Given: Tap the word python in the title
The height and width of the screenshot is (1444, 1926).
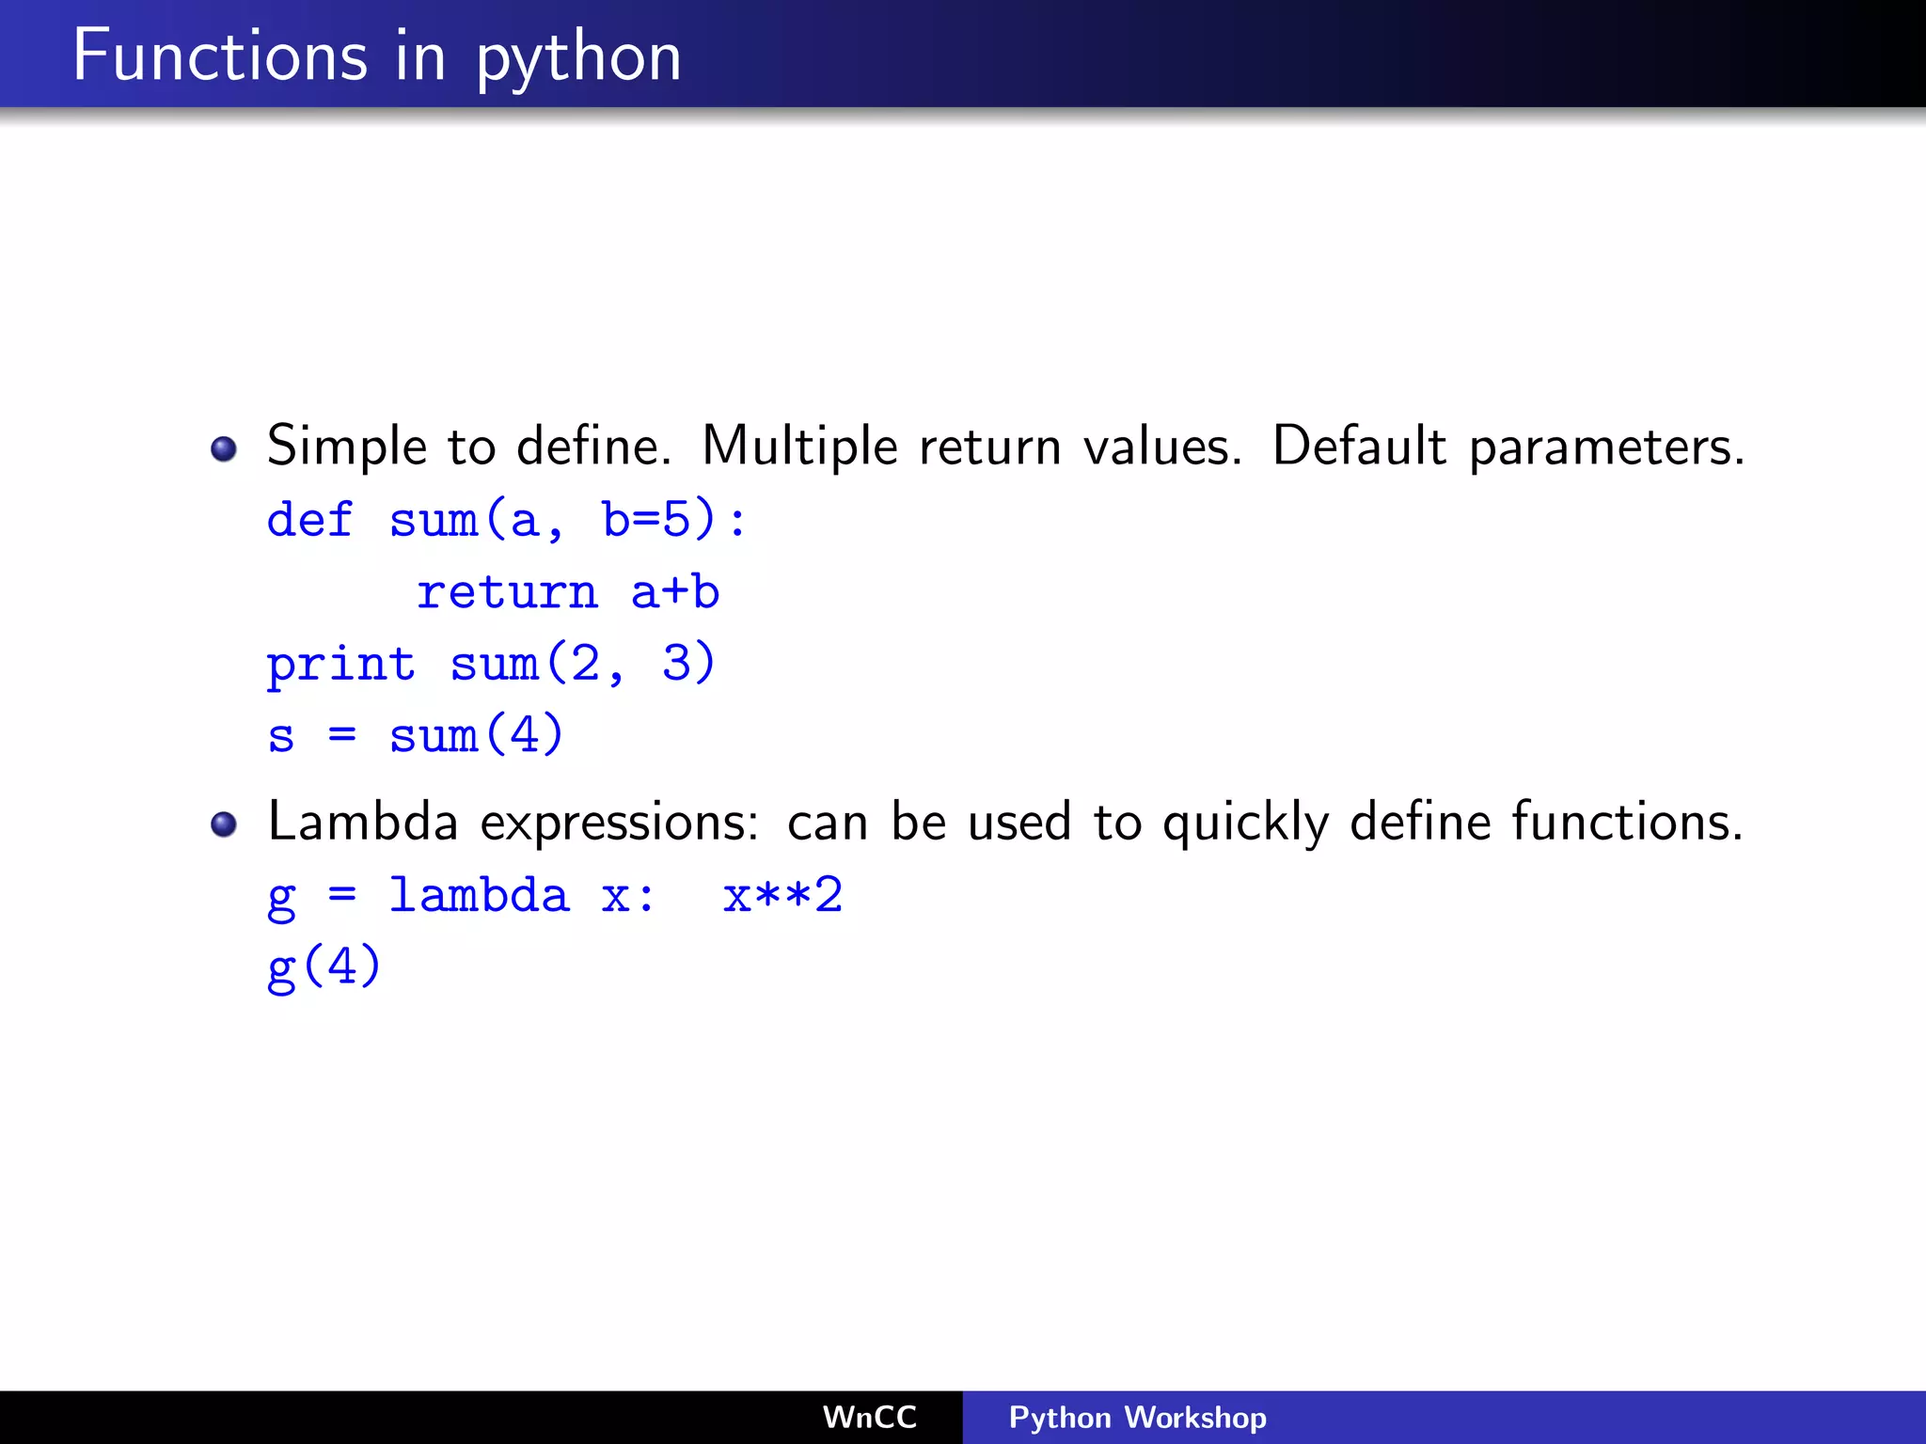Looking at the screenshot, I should click(x=578, y=59).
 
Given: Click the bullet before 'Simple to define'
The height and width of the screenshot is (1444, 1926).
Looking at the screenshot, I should click(x=224, y=448).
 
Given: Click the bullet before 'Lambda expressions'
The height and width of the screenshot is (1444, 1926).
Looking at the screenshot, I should click(x=224, y=824).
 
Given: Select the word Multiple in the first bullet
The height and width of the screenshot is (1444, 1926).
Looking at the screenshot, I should click(x=799, y=446).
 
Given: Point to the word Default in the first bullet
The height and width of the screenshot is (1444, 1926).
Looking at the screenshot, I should click(x=1359, y=446).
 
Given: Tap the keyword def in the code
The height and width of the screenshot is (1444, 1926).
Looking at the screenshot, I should click(x=309, y=520).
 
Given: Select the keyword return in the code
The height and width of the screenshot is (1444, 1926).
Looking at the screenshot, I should click(x=507, y=592).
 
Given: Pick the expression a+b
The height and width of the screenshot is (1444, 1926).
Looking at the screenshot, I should click(x=675, y=592).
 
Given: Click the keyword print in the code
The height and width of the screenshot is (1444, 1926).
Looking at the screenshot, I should click(x=340, y=665).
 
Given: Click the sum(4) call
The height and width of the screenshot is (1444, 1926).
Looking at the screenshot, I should click(x=476, y=735).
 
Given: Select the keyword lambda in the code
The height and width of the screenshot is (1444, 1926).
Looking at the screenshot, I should click(x=479, y=895).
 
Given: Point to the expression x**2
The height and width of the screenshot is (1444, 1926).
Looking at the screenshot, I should click(x=782, y=895).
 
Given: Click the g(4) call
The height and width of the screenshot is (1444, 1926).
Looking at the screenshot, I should click(x=324, y=967).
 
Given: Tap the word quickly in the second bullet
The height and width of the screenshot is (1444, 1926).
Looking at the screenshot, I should click(x=1246, y=824).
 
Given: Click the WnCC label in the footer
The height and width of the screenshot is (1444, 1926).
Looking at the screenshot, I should click(x=869, y=1418).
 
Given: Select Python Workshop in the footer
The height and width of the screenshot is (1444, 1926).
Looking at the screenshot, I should click(x=1137, y=1418).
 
